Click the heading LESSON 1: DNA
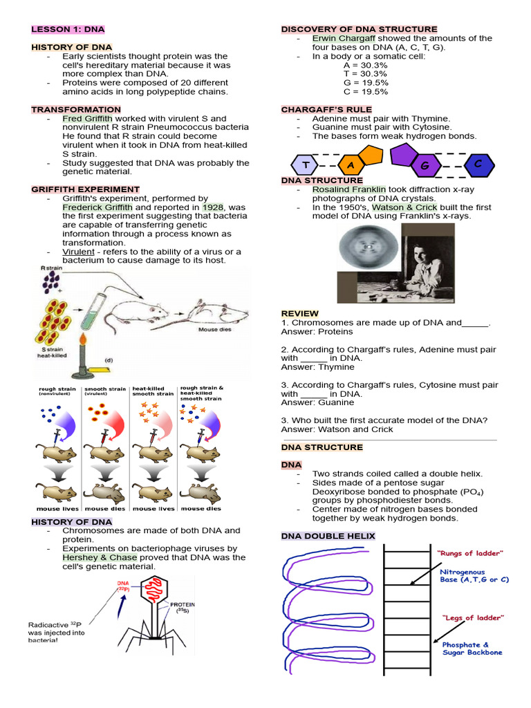(x=68, y=30)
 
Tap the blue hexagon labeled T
(x=304, y=165)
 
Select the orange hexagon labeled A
(x=351, y=165)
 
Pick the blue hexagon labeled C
(x=476, y=164)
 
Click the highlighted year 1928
(x=212, y=207)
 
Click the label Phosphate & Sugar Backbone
(x=472, y=649)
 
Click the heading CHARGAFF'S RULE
(x=326, y=110)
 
